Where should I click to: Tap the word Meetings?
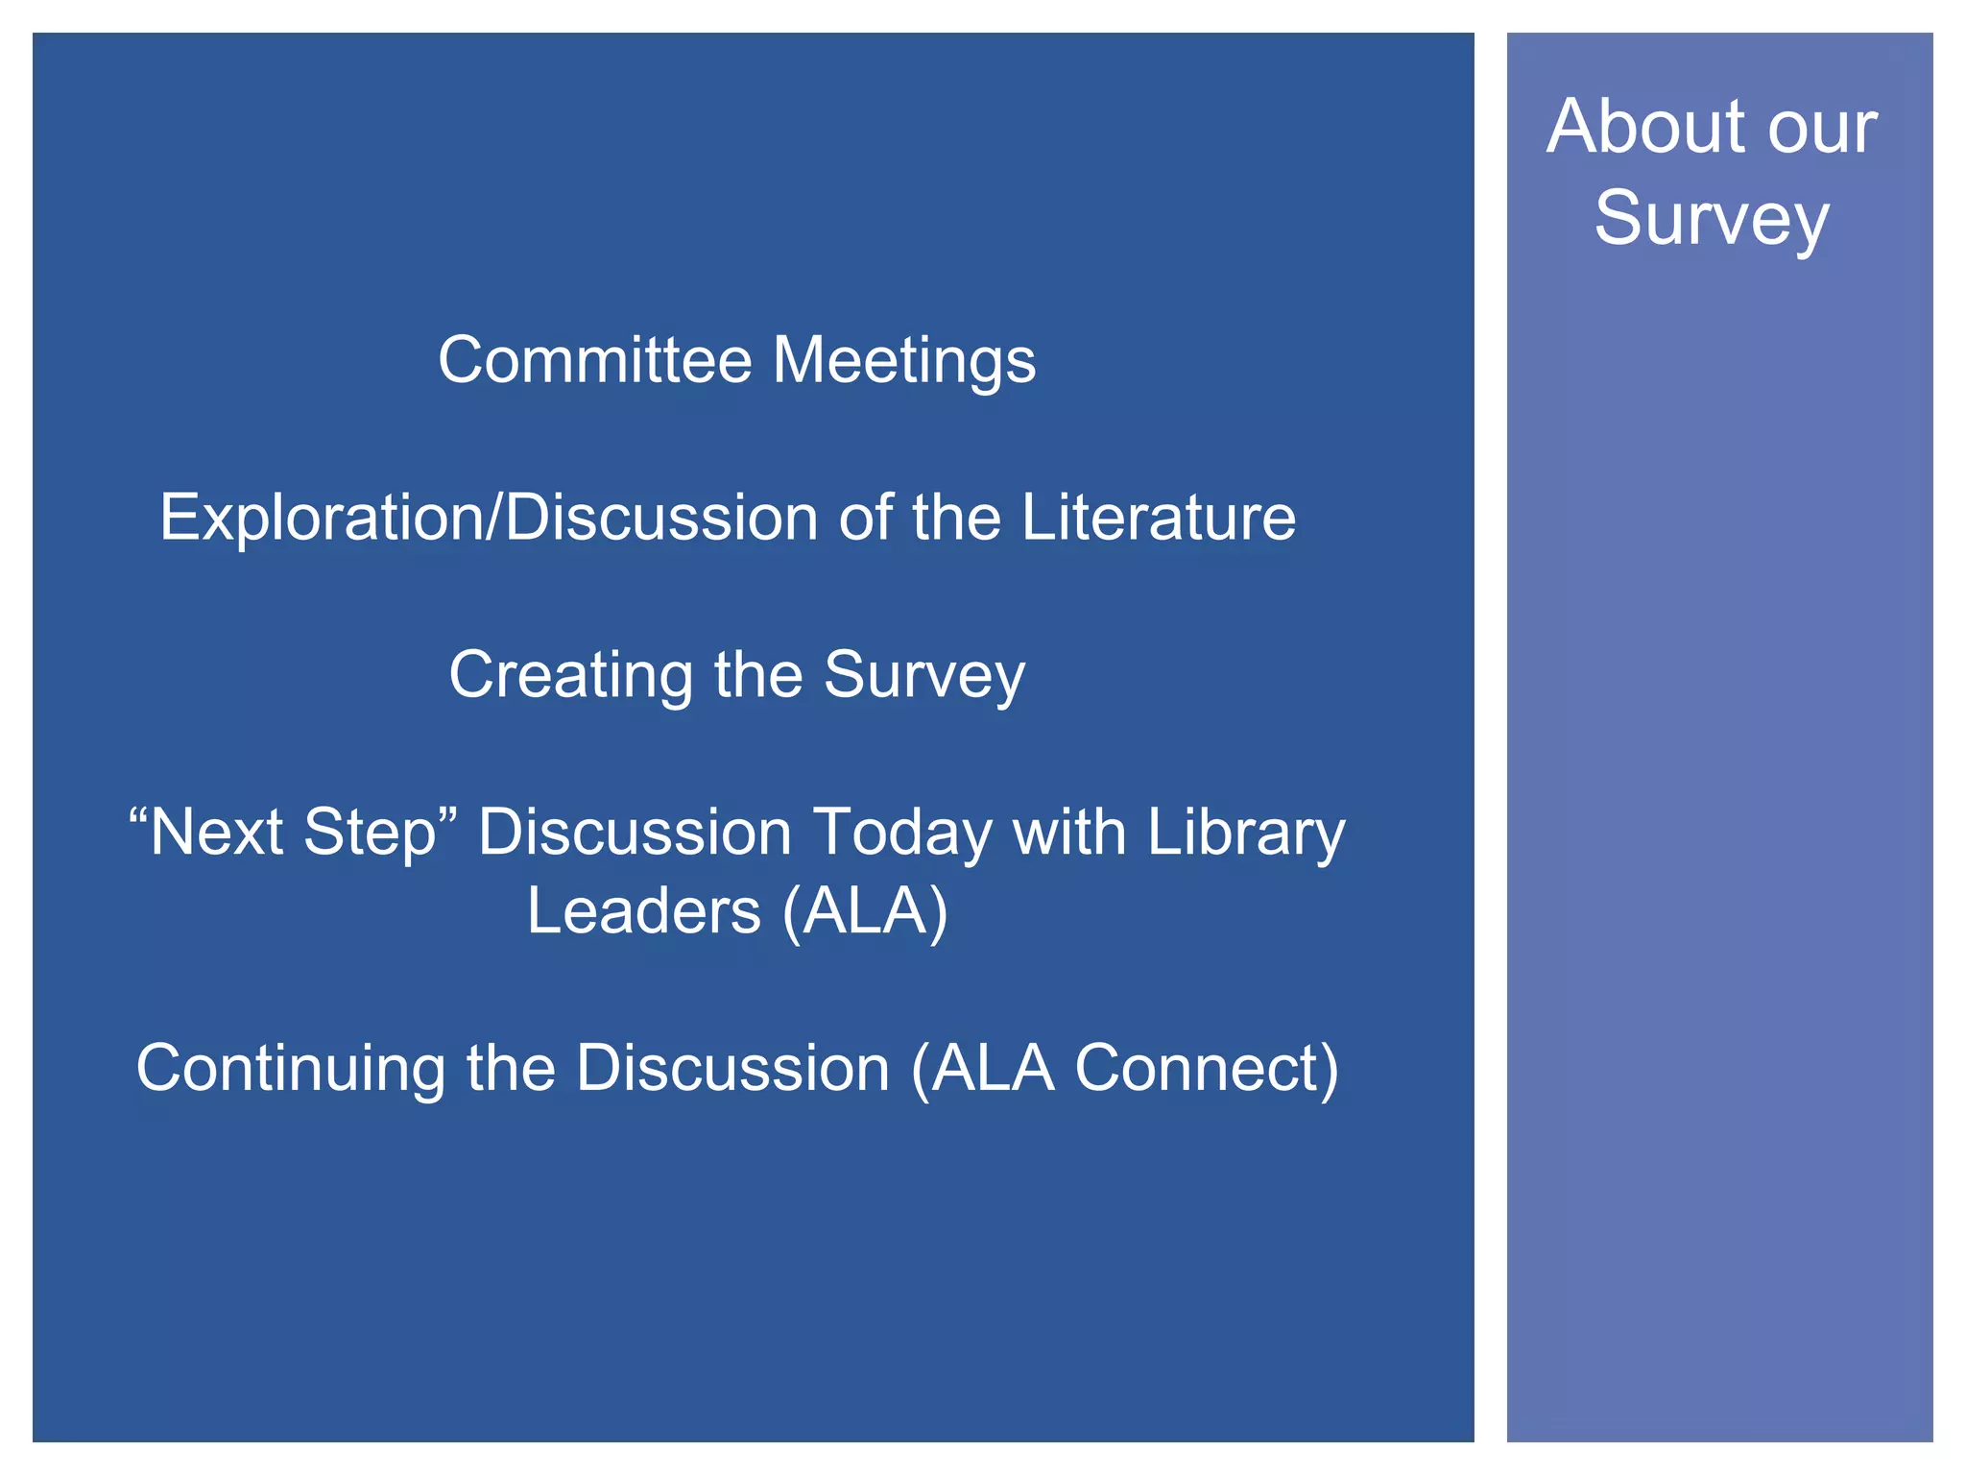coord(904,362)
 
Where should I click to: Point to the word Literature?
coord(1158,518)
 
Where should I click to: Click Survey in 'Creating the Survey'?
coord(924,676)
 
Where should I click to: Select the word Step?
coord(369,834)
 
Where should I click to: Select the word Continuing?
coord(291,1069)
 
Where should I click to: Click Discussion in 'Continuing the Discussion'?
coord(733,1068)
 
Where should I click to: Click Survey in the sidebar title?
coord(1712,220)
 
